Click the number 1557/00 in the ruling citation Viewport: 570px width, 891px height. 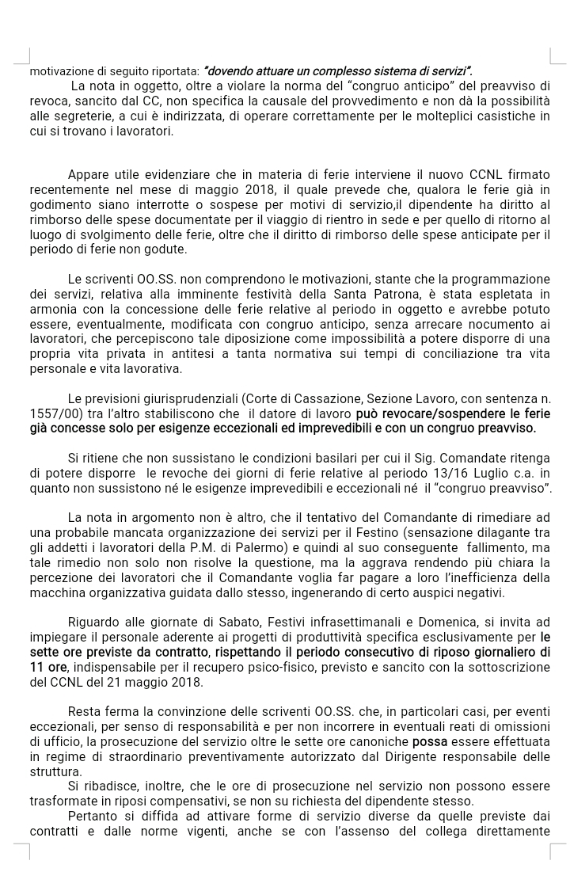point(54,413)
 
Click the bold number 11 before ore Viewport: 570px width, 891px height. point(37,667)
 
